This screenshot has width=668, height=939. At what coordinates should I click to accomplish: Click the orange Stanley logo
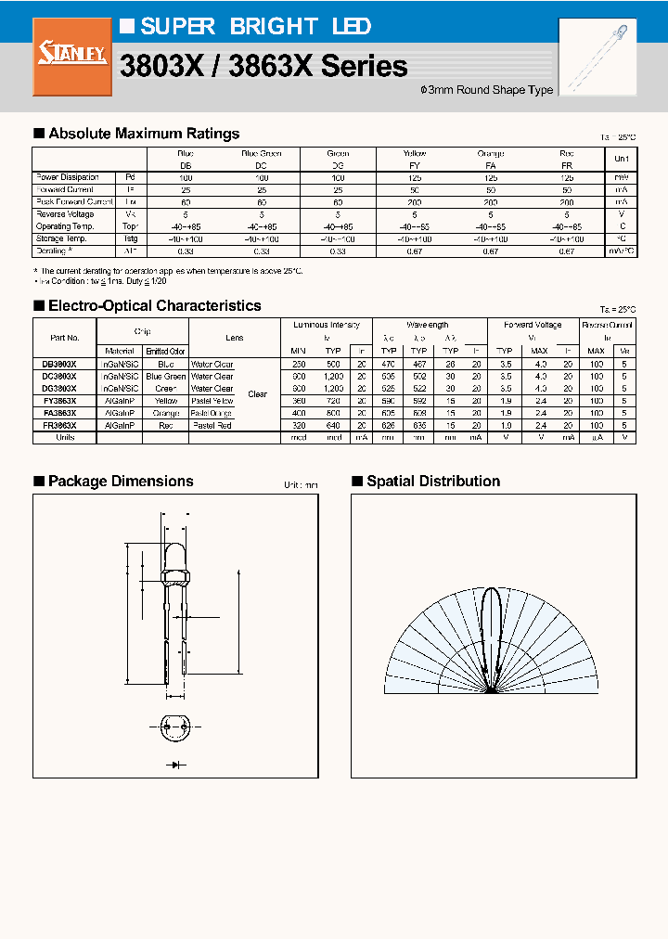coord(65,58)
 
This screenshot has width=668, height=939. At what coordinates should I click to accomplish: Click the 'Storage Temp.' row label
coord(62,238)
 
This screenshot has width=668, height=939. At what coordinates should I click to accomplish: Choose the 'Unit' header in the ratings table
coord(621,159)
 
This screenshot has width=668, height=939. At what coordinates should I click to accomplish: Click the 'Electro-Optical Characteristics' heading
coord(154,305)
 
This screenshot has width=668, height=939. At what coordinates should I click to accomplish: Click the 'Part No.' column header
coord(64,338)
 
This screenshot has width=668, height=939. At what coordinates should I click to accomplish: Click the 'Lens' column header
coord(234,338)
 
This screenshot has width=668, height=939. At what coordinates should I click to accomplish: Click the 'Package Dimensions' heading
coord(121,481)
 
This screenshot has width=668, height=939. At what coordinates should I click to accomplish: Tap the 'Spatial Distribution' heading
coord(432,481)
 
